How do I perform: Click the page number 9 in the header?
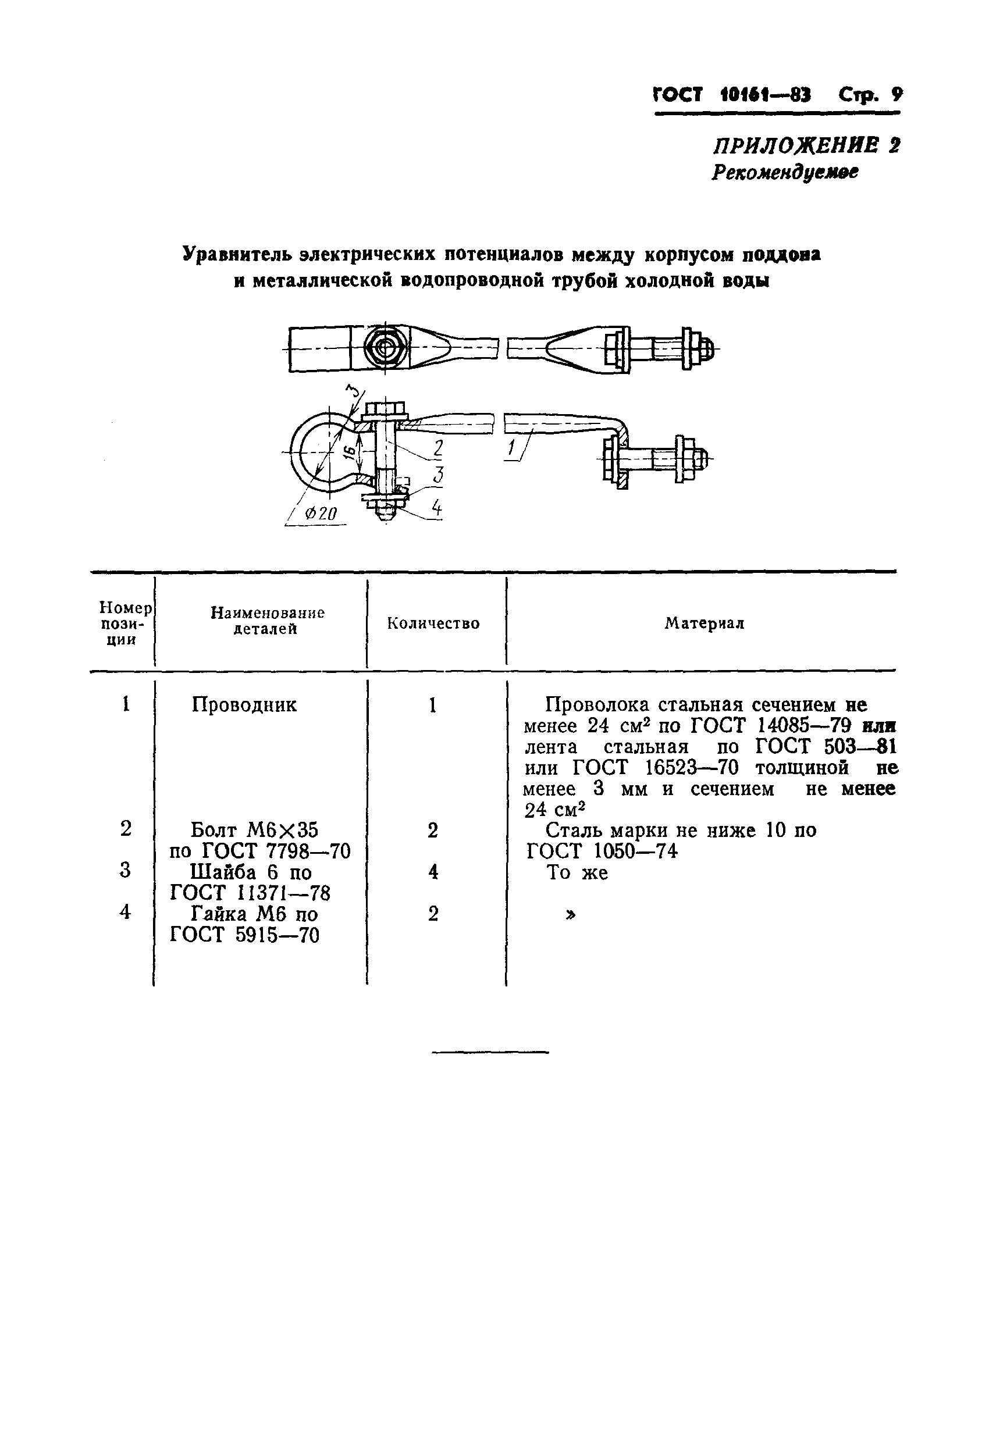click(x=896, y=95)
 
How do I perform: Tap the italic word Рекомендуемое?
click(x=785, y=172)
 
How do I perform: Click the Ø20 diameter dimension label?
click(x=321, y=514)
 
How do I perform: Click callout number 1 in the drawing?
click(x=511, y=448)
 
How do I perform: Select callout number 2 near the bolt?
click(x=438, y=448)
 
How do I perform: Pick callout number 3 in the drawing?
click(x=438, y=475)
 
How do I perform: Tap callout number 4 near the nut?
click(x=437, y=508)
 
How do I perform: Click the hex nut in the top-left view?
click(x=386, y=348)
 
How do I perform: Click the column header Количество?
click(x=433, y=623)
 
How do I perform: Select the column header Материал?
click(x=704, y=623)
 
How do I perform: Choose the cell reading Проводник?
click(x=244, y=705)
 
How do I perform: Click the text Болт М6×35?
click(x=254, y=829)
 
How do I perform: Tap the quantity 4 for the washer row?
click(x=433, y=872)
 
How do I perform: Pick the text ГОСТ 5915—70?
click(x=245, y=935)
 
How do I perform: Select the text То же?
click(x=577, y=872)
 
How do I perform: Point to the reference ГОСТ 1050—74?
click(x=602, y=851)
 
